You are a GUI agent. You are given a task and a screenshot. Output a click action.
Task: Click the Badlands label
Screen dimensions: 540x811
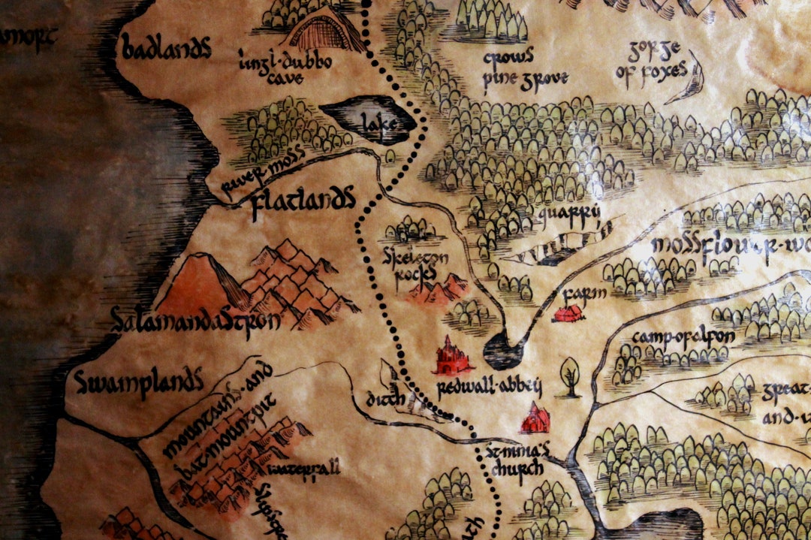pyautogui.click(x=166, y=50)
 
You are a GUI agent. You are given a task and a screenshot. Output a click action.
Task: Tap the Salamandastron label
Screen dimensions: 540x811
pyautogui.click(x=194, y=320)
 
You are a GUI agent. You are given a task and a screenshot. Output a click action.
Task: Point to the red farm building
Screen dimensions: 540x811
pyautogui.click(x=568, y=312)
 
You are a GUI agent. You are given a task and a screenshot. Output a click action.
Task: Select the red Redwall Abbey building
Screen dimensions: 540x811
pyautogui.click(x=452, y=357)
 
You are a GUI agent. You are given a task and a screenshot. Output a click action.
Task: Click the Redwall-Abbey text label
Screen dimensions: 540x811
pyautogui.click(x=488, y=388)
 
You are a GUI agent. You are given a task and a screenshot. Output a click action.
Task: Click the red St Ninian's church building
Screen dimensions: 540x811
pyautogui.click(x=535, y=418)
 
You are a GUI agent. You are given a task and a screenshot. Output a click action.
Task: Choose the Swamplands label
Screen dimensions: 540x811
pyautogui.click(x=139, y=382)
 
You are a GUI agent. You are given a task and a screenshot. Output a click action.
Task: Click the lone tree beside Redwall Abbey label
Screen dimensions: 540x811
pyautogui.click(x=571, y=374)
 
